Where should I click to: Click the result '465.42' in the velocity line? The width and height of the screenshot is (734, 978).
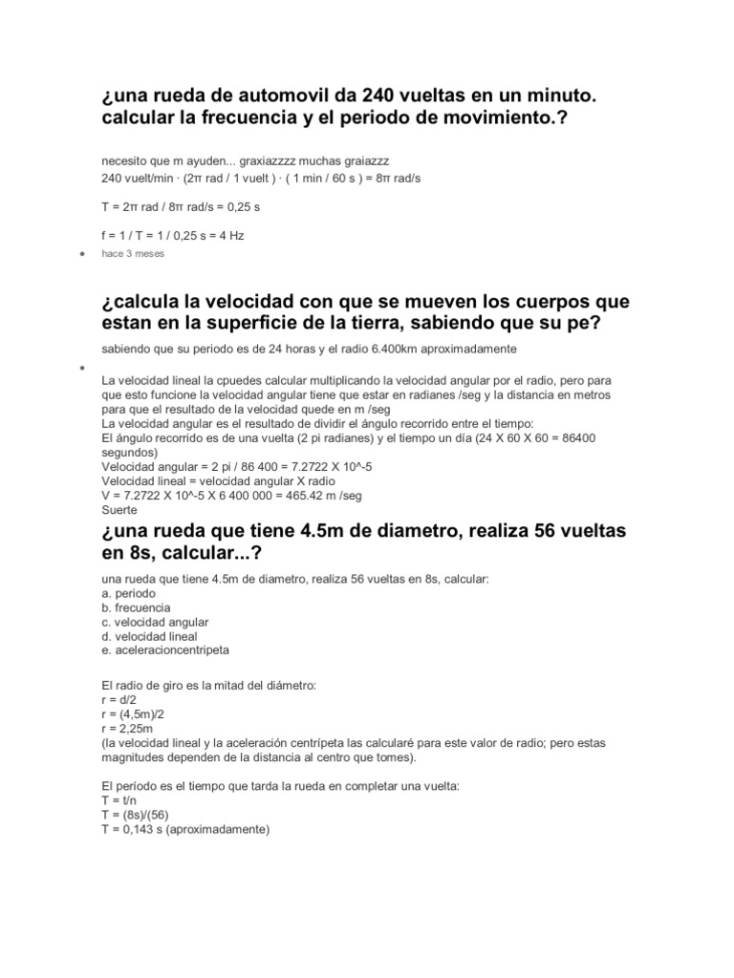[x=304, y=495]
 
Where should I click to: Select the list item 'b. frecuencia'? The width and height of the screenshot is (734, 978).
[x=136, y=607]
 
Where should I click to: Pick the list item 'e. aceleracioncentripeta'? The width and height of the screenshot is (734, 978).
[x=165, y=649]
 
